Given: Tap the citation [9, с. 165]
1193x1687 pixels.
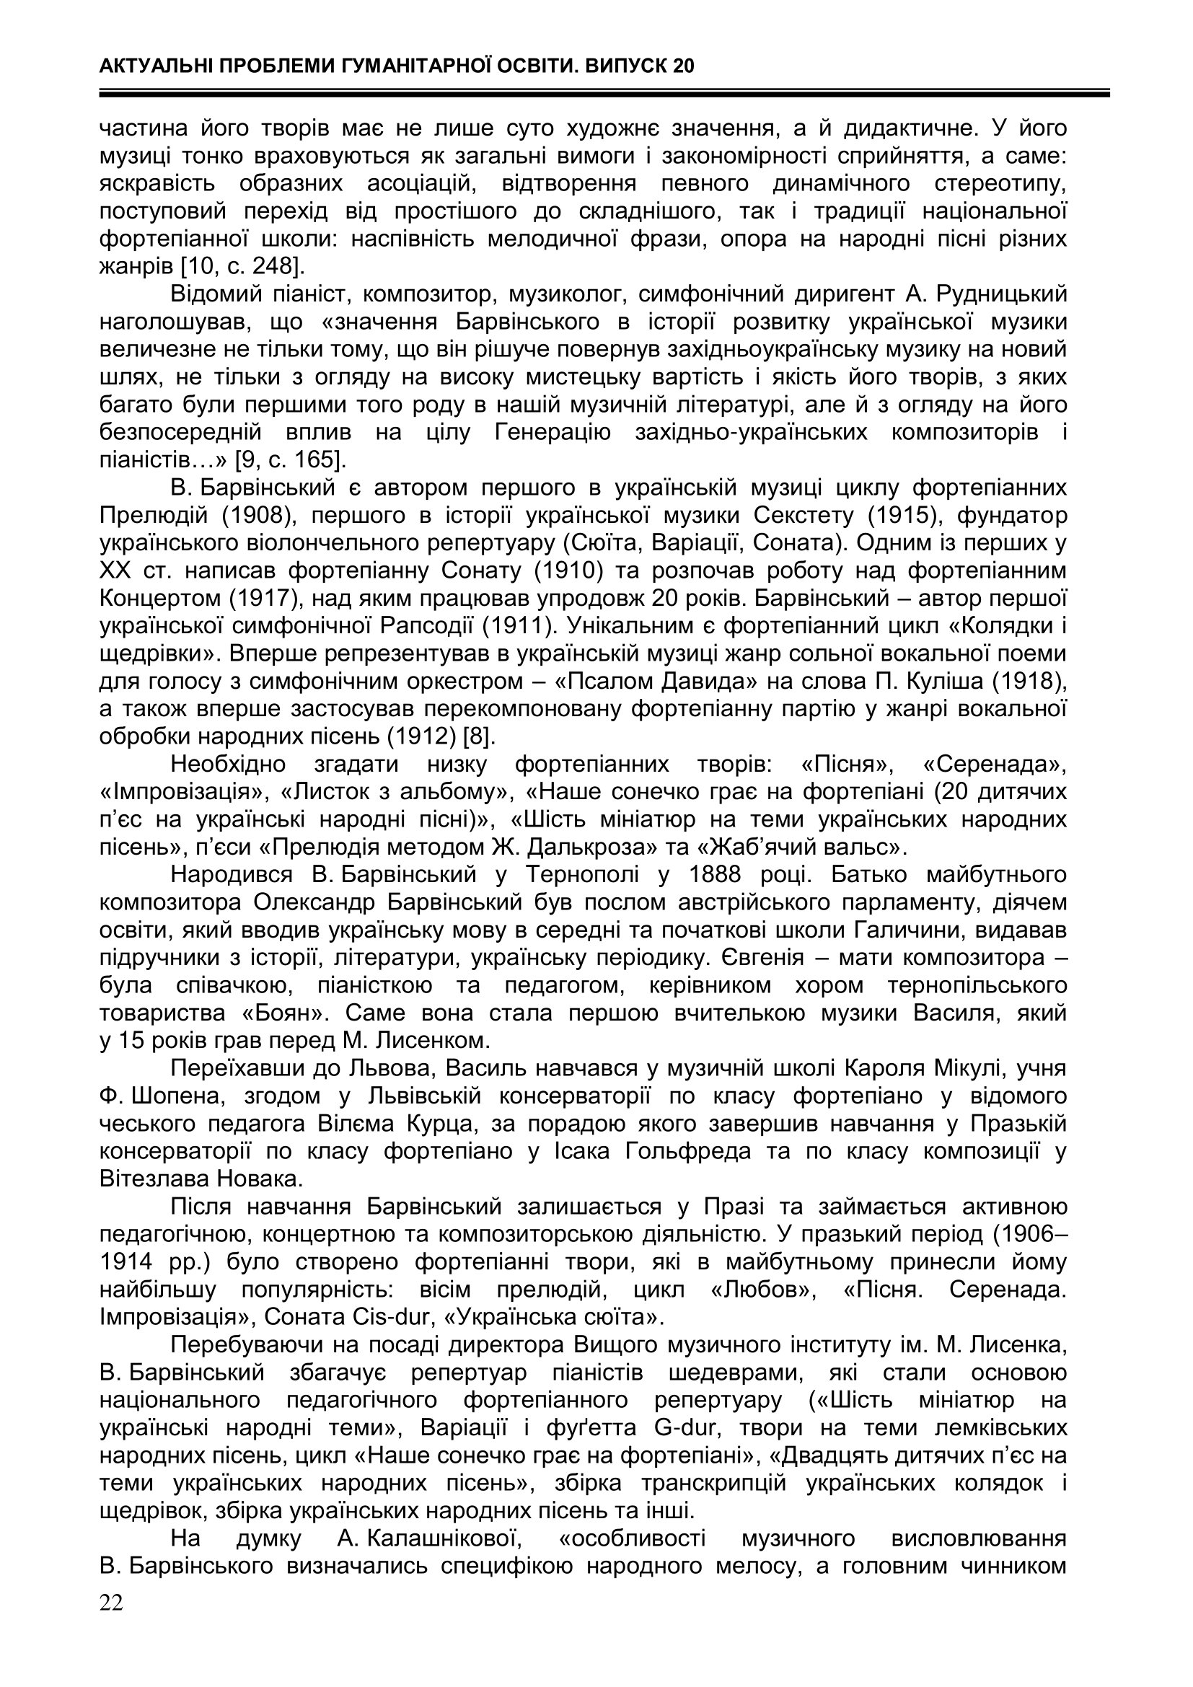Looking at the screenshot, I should (x=290, y=460).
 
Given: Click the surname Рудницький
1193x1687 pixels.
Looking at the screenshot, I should (x=996, y=294).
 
